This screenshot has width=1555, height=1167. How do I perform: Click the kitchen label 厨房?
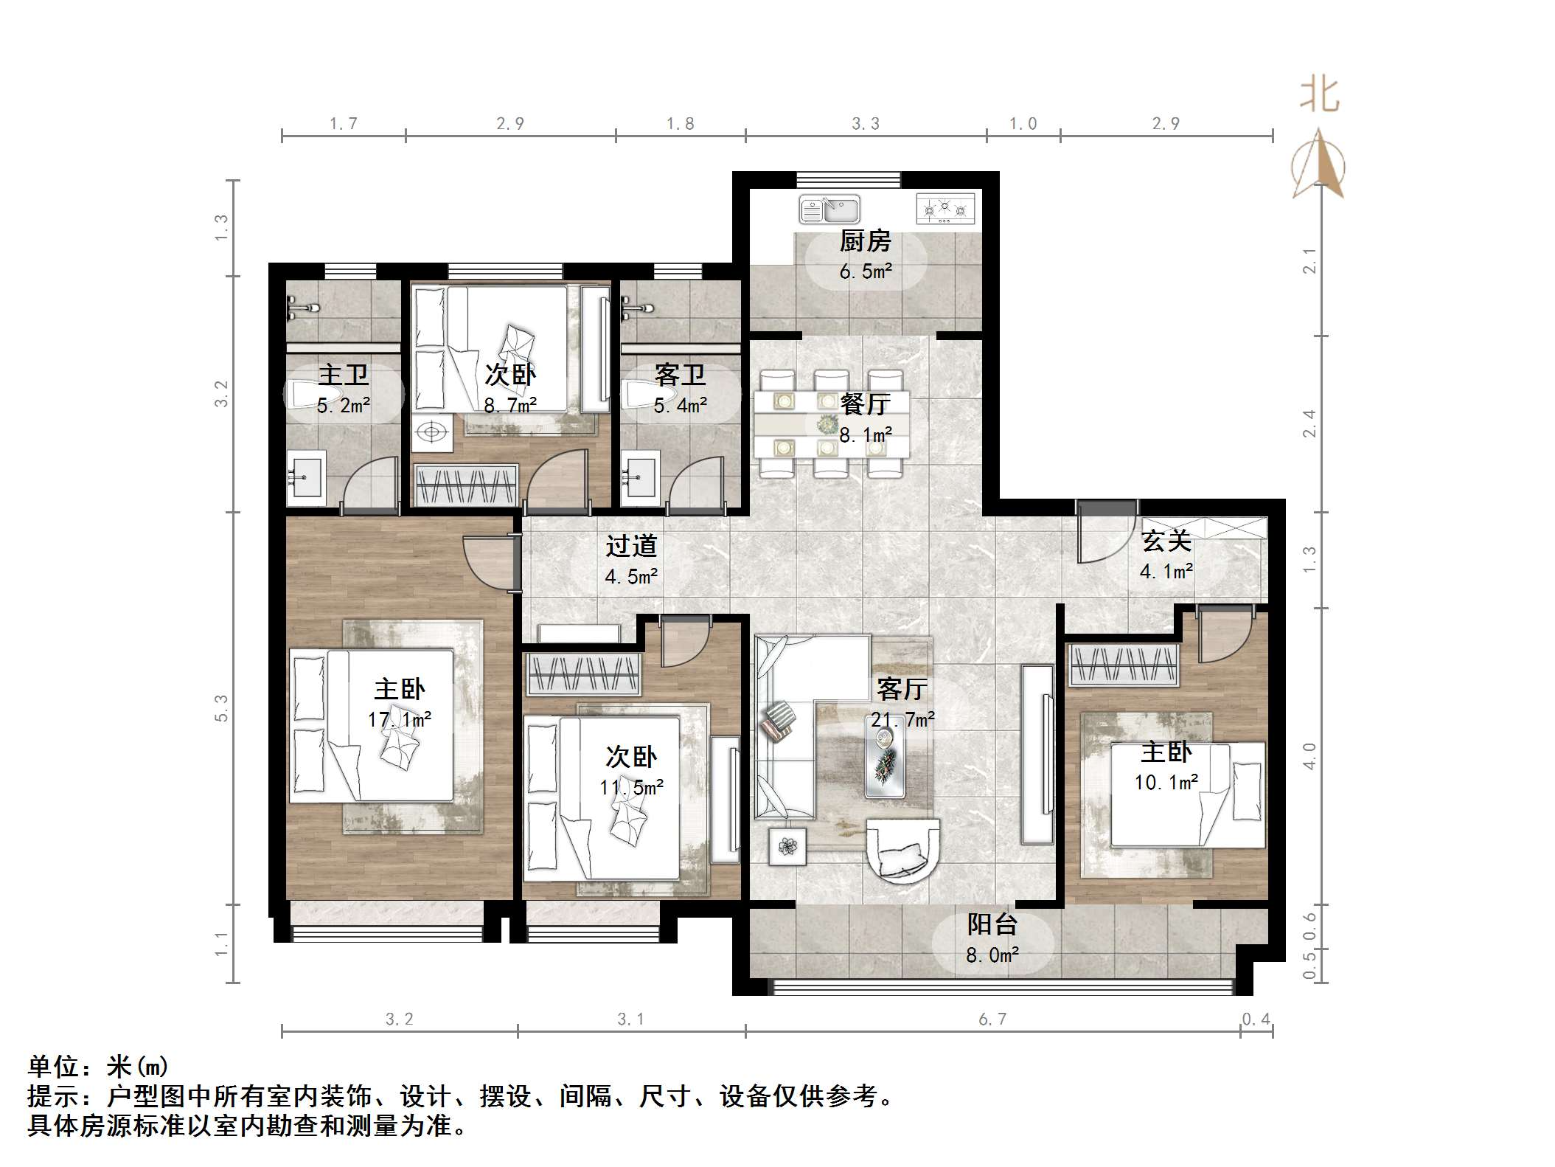(865, 241)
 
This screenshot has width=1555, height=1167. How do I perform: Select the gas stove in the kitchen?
(945, 209)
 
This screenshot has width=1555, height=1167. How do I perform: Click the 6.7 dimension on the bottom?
(992, 1019)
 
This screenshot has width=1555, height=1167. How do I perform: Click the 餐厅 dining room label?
(865, 404)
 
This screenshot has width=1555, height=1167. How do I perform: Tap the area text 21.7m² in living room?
(902, 719)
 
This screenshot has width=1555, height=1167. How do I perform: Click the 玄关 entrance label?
(1166, 541)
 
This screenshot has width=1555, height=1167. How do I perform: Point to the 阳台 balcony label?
(992, 924)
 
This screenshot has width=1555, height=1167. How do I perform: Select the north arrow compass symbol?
(1318, 165)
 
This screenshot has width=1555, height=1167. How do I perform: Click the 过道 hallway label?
(630, 546)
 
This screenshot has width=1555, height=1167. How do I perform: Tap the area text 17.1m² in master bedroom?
(400, 719)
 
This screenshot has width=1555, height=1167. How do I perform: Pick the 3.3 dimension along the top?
(865, 124)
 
